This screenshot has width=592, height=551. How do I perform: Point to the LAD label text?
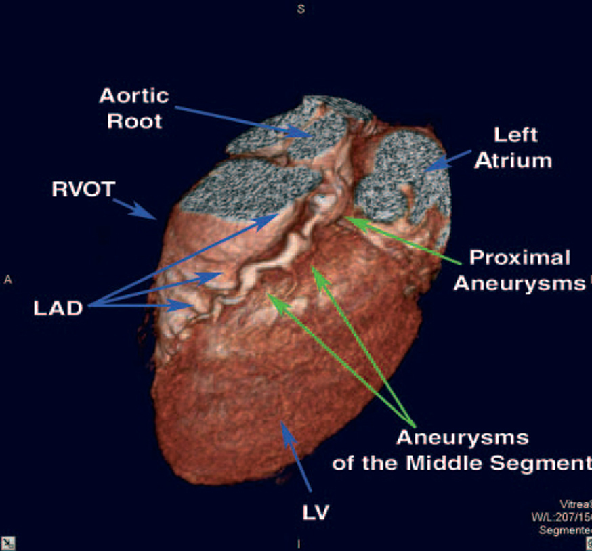coord(58,309)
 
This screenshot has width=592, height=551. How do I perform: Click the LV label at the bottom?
coord(316,512)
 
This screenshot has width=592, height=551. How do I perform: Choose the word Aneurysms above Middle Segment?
coord(462,437)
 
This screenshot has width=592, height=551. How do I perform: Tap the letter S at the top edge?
coord(301,9)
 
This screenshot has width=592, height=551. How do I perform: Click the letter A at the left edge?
coord(8,279)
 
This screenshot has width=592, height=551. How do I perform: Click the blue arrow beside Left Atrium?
coord(448,160)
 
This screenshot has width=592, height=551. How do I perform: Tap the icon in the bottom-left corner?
coord(8,543)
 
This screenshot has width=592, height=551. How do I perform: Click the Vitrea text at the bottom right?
coord(575,504)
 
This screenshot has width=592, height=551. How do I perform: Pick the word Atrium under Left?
coord(513,160)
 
